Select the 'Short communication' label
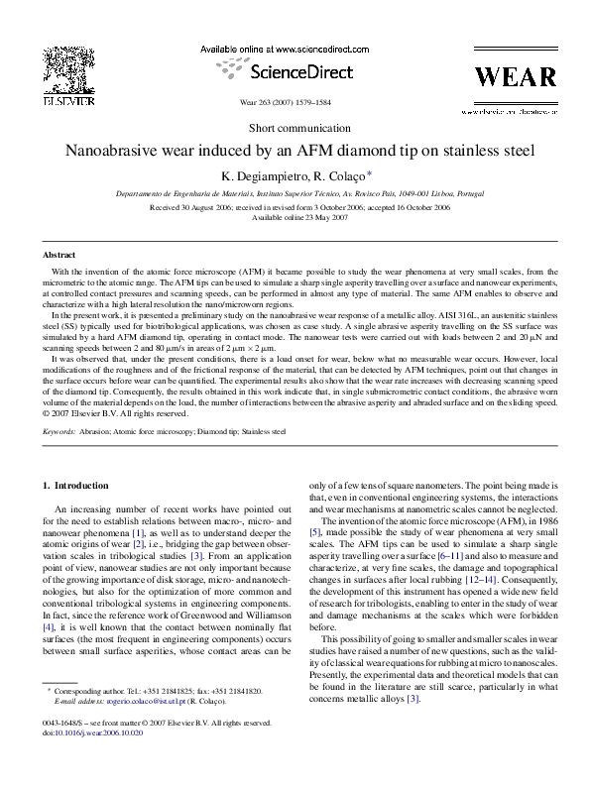point(295,130)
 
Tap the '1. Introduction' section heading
point(79,486)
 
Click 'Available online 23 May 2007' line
point(295,217)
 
